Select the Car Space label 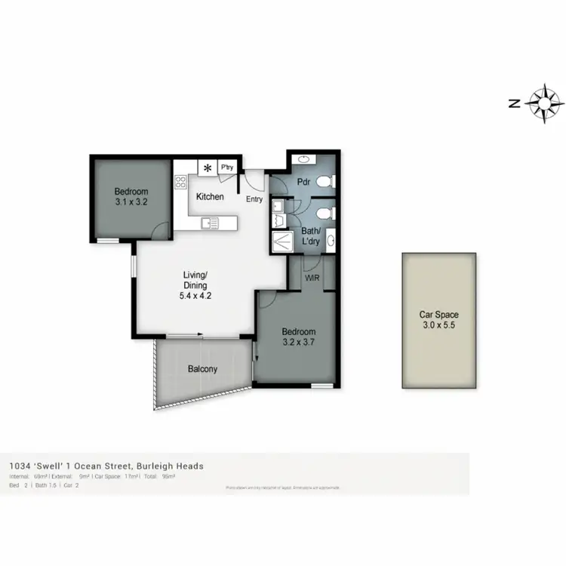[x=438, y=315]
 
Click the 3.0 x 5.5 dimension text [x=438, y=326]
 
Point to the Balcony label [x=202, y=369]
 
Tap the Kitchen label [x=210, y=196]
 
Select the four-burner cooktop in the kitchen [x=181, y=182]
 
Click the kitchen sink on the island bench [x=209, y=223]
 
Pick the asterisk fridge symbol [x=207, y=168]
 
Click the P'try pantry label [x=226, y=168]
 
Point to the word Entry [x=254, y=199]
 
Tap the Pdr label [x=304, y=183]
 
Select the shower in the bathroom [x=280, y=242]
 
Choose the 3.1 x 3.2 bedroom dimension [x=131, y=202]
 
